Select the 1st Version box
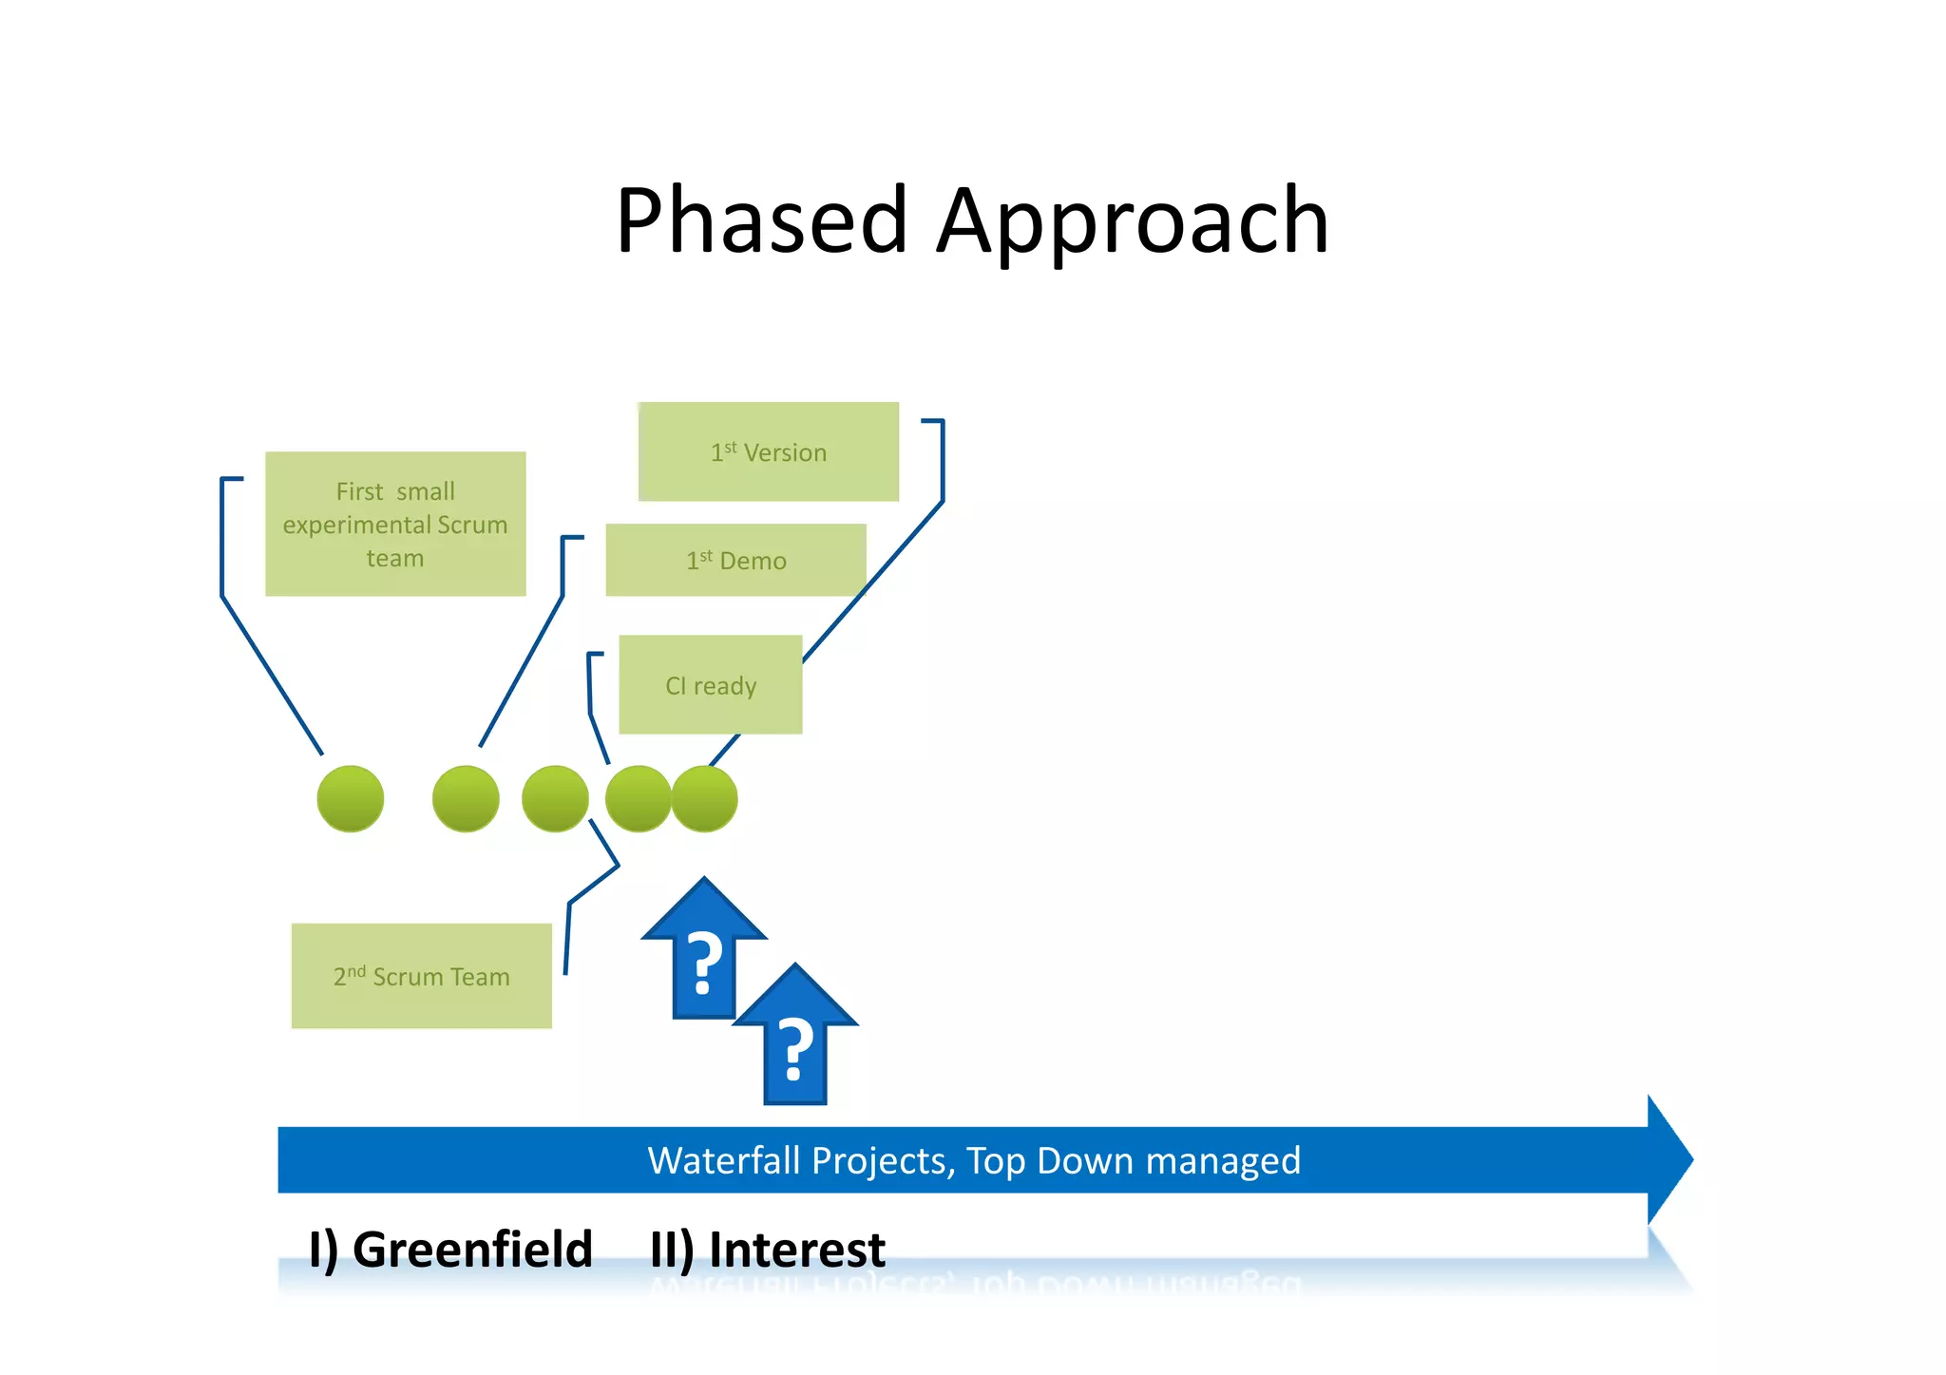(768, 451)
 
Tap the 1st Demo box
(735, 560)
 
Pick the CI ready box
(710, 684)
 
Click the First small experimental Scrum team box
(395, 524)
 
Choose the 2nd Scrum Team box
(421, 976)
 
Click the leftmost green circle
(351, 798)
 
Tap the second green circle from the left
(466, 798)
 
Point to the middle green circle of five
(555, 798)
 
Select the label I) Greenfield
(450, 1249)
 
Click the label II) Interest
(768, 1249)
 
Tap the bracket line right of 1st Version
(942, 461)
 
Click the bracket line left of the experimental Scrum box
(222, 537)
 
